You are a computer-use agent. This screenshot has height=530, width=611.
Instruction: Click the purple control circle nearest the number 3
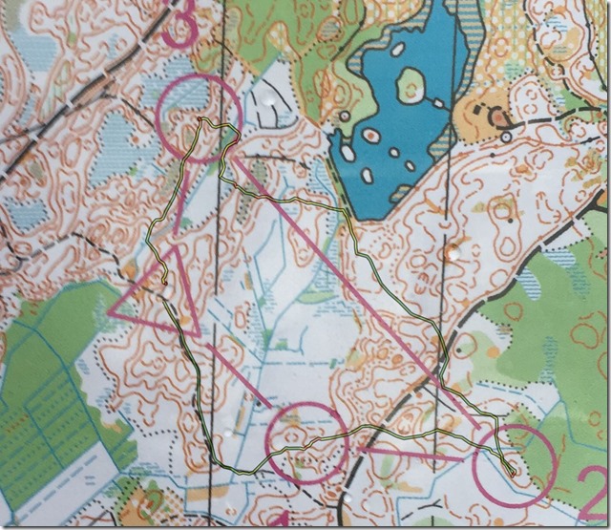(x=201, y=118)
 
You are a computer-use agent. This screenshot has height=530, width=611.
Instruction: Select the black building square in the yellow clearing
(x=495, y=117)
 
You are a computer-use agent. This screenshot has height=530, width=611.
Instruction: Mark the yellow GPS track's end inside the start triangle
(x=165, y=284)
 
